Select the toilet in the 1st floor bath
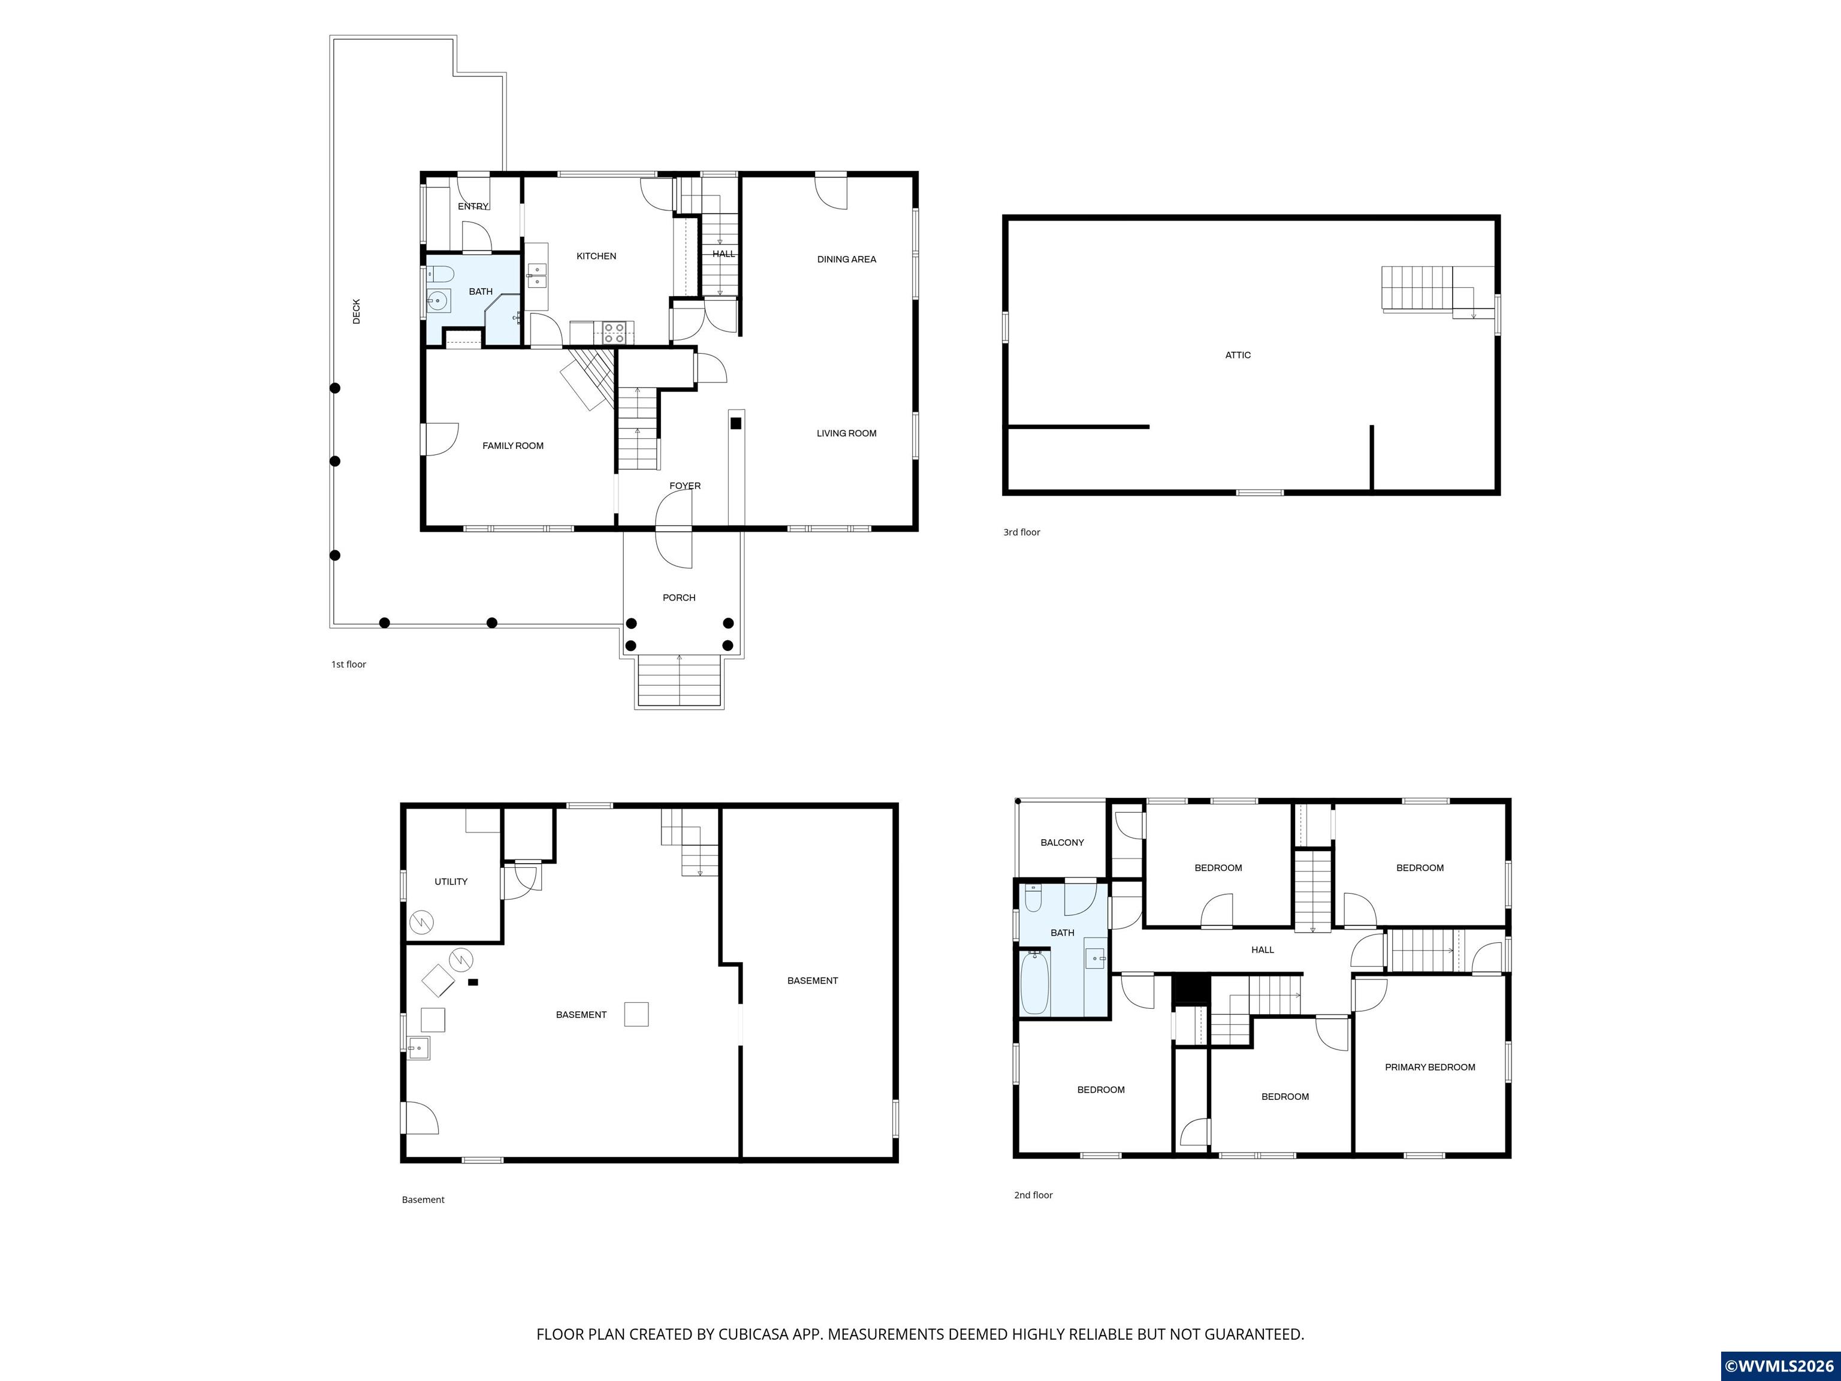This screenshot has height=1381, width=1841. (x=439, y=274)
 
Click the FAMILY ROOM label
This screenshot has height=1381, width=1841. (x=512, y=446)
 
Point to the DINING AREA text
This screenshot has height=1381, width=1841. (x=846, y=260)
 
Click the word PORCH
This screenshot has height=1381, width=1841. (x=679, y=598)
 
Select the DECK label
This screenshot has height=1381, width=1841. (x=356, y=311)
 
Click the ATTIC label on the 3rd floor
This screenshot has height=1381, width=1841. (x=1238, y=355)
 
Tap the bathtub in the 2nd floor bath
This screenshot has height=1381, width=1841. (x=1034, y=983)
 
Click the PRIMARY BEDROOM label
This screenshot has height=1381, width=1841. (x=1430, y=1067)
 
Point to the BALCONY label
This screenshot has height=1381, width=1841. (x=1062, y=842)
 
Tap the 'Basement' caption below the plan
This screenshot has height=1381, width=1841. (x=423, y=1199)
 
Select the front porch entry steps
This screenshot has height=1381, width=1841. (x=679, y=681)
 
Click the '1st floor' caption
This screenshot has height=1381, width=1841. (x=349, y=664)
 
